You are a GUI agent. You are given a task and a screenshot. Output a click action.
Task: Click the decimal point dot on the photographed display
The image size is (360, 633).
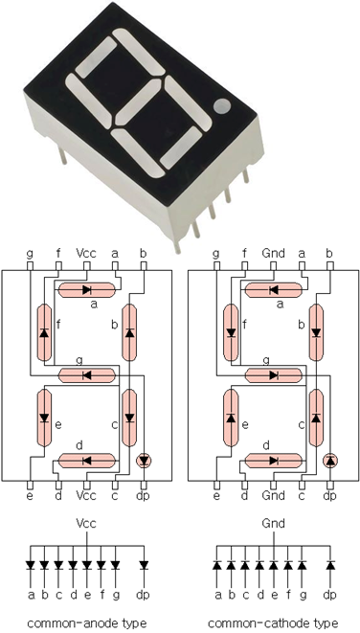coord(222,106)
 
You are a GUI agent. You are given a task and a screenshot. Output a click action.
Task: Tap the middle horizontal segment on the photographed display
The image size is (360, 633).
coord(138,102)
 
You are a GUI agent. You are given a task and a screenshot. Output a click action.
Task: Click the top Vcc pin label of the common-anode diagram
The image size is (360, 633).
coord(86,254)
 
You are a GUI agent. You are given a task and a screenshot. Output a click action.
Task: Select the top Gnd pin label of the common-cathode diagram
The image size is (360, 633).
coord(273,254)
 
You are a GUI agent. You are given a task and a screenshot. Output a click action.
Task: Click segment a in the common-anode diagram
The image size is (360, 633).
coord(87,289)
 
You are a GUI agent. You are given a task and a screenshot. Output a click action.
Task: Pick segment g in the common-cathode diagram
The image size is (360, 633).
coord(274,375)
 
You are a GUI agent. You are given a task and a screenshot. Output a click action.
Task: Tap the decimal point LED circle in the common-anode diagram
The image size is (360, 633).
coord(144,461)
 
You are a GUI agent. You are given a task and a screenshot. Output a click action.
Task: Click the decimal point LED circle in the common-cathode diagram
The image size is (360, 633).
coord(330,461)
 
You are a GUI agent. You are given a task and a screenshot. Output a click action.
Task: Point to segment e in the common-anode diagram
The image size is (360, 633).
coord(44,418)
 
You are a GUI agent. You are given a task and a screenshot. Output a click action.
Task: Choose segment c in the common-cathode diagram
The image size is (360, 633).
coord(316,418)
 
